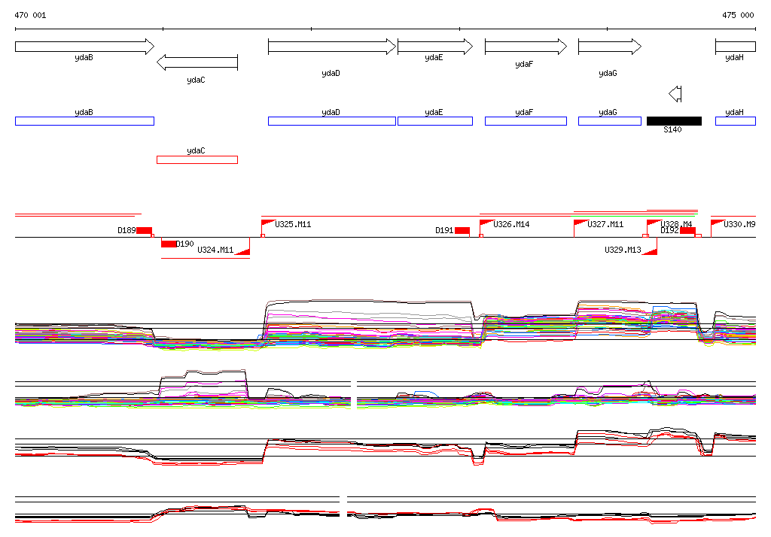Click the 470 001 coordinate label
(30, 15)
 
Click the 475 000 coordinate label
(738, 15)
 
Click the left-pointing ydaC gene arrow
(197, 62)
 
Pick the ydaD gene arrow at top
(331, 47)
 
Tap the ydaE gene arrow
(434, 47)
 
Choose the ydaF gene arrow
(526, 47)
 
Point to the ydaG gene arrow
(609, 47)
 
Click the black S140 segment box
(674, 121)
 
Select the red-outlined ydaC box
(197, 159)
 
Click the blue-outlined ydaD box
(331, 121)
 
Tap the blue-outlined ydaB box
(84, 121)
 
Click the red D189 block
(144, 230)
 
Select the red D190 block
(169, 244)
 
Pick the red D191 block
(462, 230)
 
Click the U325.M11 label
(293, 224)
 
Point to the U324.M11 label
(215, 250)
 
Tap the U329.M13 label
(623, 250)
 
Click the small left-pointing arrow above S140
(675, 94)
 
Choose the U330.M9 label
(739, 224)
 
